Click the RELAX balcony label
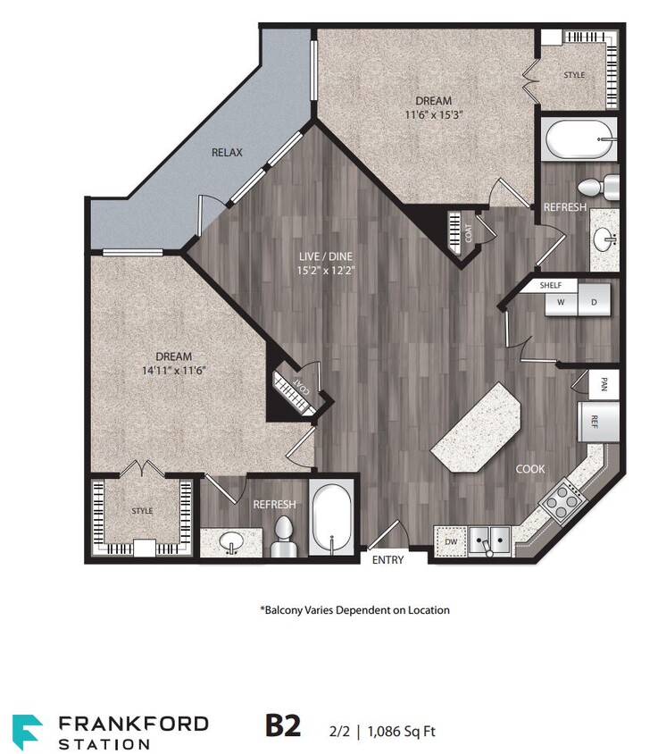[227, 153]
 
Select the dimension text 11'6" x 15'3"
[432, 114]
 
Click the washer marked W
[562, 302]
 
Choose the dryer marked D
[594, 302]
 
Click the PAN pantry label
[604, 385]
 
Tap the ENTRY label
[387, 560]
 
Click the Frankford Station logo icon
[27, 730]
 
